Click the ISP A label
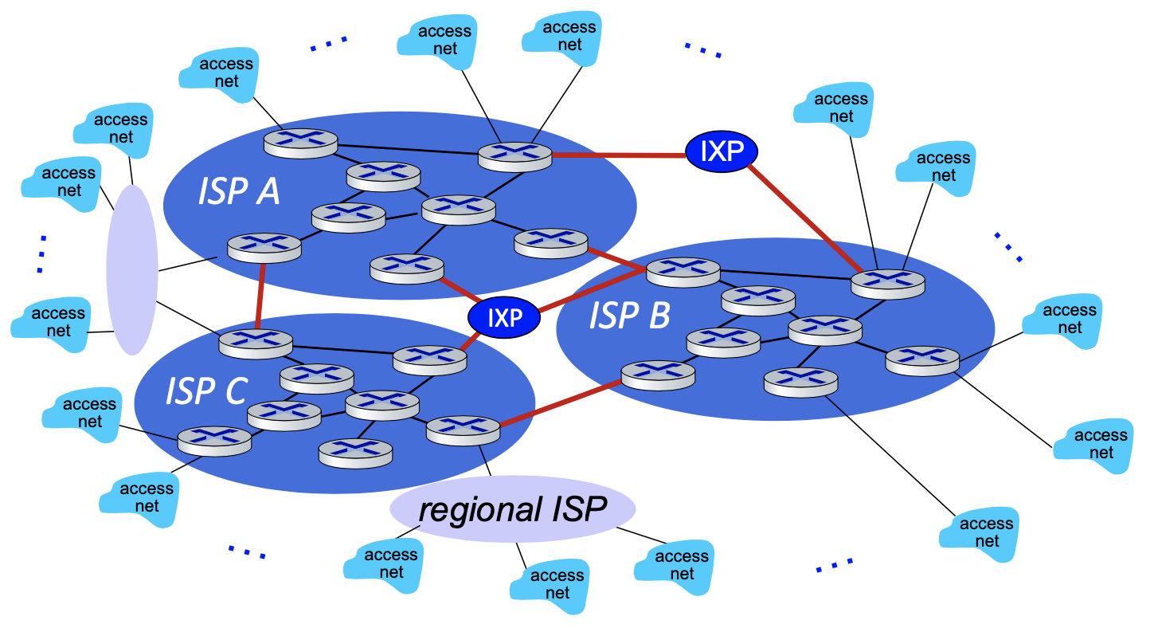(x=239, y=191)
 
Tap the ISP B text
(x=629, y=316)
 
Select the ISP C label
(x=207, y=391)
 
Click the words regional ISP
(x=513, y=509)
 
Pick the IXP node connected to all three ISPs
(x=504, y=318)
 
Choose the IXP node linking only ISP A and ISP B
(x=722, y=151)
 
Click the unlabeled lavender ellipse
(x=132, y=269)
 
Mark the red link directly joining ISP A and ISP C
(x=260, y=295)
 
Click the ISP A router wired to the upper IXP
(x=514, y=155)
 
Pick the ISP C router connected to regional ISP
(x=463, y=430)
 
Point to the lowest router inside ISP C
(x=355, y=452)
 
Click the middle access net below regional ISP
(x=550, y=585)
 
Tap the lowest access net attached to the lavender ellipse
(x=52, y=323)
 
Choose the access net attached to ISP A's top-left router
(x=219, y=73)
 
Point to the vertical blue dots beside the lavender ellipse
(x=41, y=254)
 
